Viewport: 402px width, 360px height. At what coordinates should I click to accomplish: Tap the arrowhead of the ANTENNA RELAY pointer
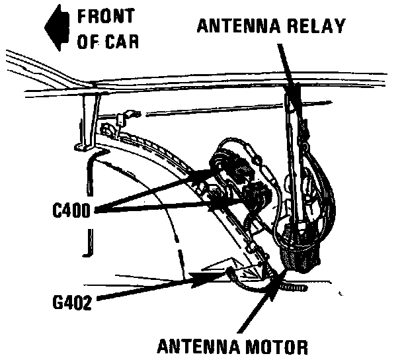[x=294, y=99]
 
